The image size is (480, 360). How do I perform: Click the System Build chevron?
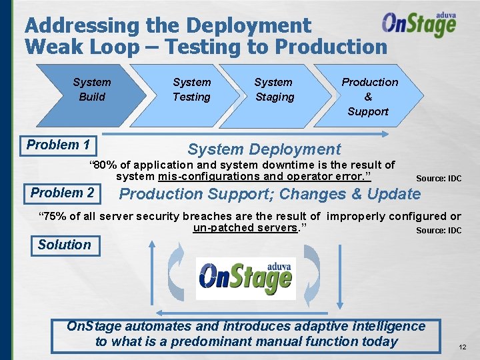(x=91, y=89)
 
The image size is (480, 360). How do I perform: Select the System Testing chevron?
(x=191, y=89)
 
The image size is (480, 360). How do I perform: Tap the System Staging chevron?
(x=273, y=89)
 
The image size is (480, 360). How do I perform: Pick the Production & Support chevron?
(x=369, y=96)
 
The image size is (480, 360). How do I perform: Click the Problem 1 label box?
(x=59, y=145)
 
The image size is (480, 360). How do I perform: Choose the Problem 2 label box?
(x=63, y=193)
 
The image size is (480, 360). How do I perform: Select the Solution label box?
(x=64, y=245)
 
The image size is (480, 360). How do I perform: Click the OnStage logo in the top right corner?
(x=419, y=25)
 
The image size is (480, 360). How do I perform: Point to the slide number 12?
(x=463, y=347)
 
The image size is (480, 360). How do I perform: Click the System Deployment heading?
(x=264, y=149)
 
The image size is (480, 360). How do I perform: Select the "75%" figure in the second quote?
(x=57, y=216)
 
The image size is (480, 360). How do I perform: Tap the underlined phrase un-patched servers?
(x=245, y=228)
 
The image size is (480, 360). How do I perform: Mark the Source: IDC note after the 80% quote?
(x=438, y=179)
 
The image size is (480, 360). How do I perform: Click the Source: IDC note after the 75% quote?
(x=438, y=231)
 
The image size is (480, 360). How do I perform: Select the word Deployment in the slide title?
(x=249, y=26)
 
